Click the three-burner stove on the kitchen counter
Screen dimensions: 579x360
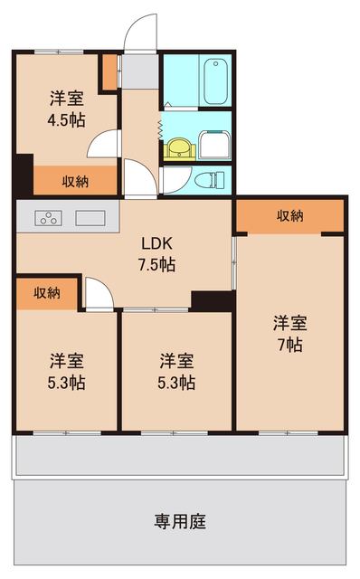(48, 217)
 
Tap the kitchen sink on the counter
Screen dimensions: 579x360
(91, 217)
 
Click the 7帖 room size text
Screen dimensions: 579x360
(289, 345)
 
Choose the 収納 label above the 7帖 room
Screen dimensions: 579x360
(289, 215)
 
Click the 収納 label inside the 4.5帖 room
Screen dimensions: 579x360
(75, 181)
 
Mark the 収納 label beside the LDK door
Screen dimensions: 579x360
(47, 292)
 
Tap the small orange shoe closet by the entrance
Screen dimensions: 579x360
(109, 72)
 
